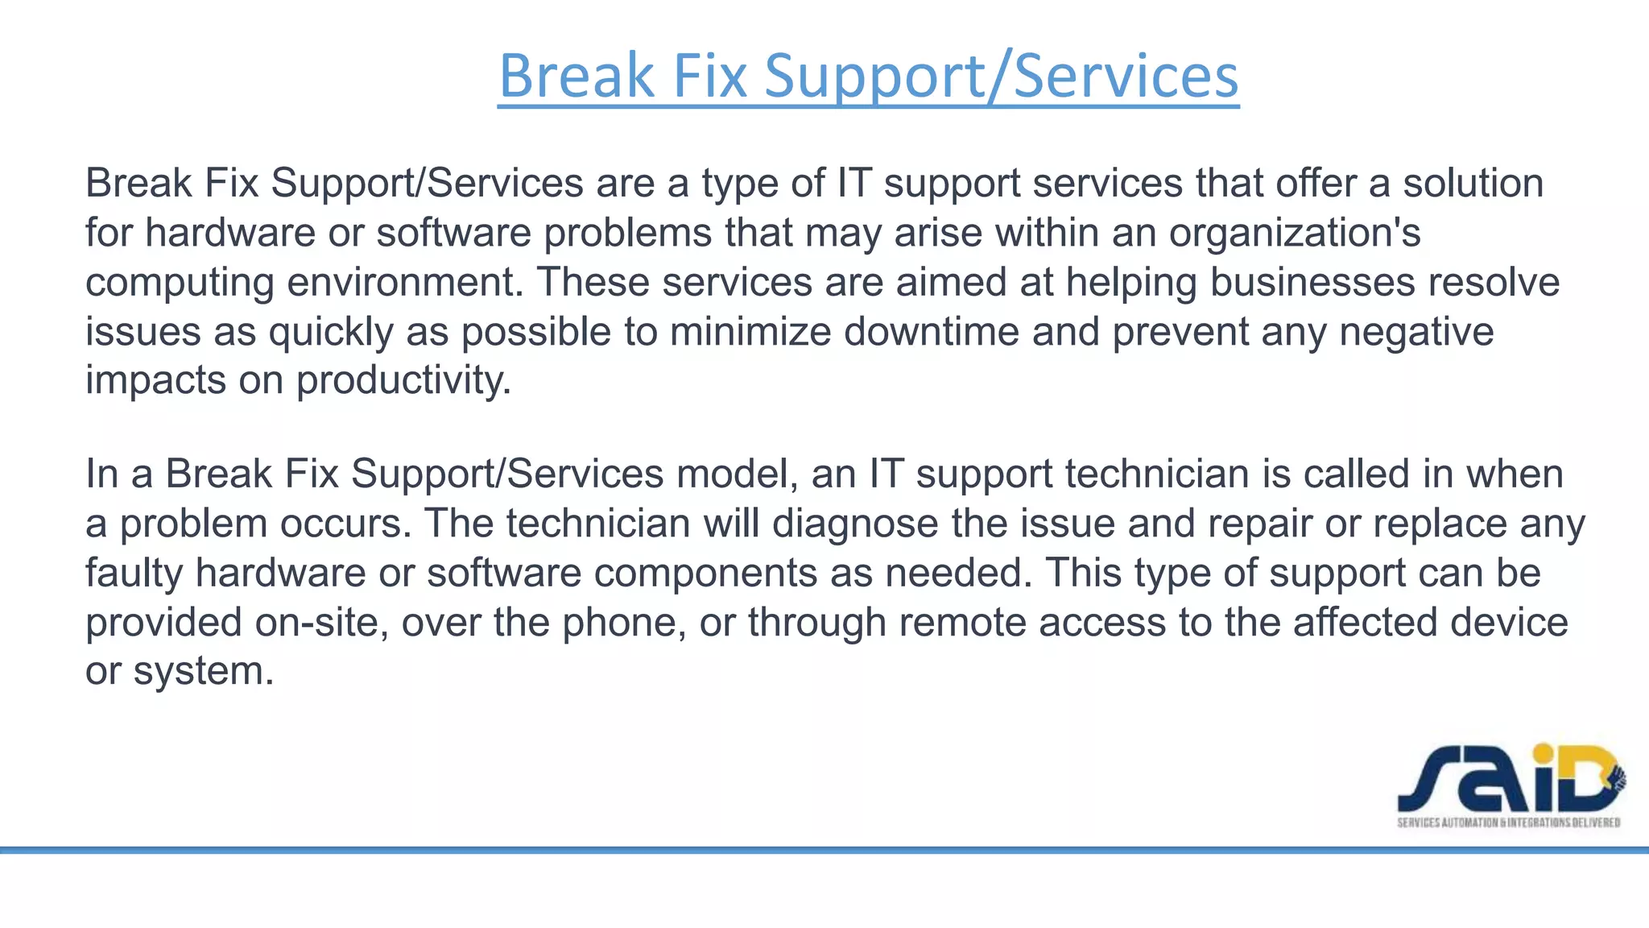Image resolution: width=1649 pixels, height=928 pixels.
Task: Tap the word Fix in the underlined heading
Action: point(709,75)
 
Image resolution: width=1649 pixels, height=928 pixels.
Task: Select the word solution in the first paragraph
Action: point(1473,183)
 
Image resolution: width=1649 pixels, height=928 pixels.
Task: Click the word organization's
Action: point(1295,233)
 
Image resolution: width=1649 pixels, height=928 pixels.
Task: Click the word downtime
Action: point(932,331)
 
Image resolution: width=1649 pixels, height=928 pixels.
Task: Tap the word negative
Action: point(1416,331)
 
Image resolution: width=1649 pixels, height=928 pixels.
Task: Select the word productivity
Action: point(403,380)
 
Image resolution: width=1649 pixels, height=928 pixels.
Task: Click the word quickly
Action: point(331,331)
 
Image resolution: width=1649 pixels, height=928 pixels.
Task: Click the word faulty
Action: point(134,573)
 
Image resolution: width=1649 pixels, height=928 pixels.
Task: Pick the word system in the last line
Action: point(204,671)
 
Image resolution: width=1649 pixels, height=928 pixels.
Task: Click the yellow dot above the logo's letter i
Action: point(1543,755)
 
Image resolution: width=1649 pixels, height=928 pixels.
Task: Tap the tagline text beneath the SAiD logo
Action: point(1508,822)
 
